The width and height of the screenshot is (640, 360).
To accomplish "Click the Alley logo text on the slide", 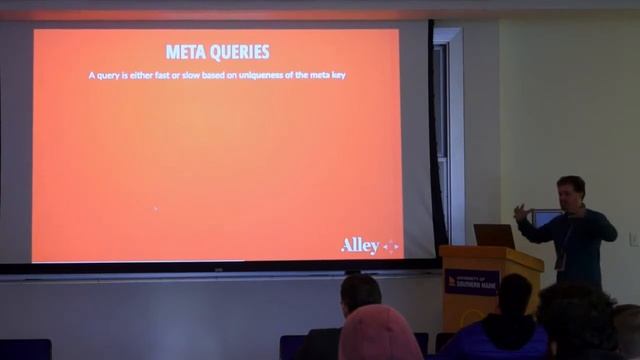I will click(x=360, y=245).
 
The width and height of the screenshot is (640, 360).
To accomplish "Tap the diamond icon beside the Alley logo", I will click(x=391, y=246).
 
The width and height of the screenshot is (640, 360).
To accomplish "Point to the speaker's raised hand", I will click(x=520, y=211).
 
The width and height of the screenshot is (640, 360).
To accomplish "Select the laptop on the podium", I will click(x=494, y=236).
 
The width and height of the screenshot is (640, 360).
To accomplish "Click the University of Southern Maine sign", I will click(x=472, y=283).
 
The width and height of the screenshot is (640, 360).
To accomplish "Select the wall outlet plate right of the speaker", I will click(x=633, y=239).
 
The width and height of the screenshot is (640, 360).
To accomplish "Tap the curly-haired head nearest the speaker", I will click(x=578, y=320).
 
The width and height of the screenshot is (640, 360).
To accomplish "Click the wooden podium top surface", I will click(x=490, y=250).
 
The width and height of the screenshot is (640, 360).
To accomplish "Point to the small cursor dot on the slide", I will click(x=155, y=208).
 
